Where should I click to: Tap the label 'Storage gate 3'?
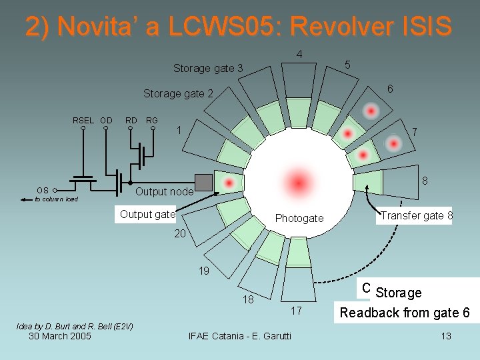(208, 68)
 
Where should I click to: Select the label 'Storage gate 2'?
(178, 94)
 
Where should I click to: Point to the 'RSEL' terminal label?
(83, 120)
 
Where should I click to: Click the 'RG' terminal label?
(152, 120)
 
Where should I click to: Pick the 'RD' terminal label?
(131, 120)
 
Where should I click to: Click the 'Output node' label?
(164, 192)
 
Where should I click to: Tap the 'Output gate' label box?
(147, 214)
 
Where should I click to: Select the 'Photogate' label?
(299, 218)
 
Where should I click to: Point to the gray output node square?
(203, 182)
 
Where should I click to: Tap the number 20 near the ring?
(181, 234)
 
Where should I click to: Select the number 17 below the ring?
(297, 310)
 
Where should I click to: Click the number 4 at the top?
(300, 54)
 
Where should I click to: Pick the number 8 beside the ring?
(425, 181)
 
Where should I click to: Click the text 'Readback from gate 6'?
(405, 313)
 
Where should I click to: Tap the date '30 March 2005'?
(60, 335)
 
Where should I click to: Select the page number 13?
(446, 335)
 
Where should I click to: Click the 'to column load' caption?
(57, 199)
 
